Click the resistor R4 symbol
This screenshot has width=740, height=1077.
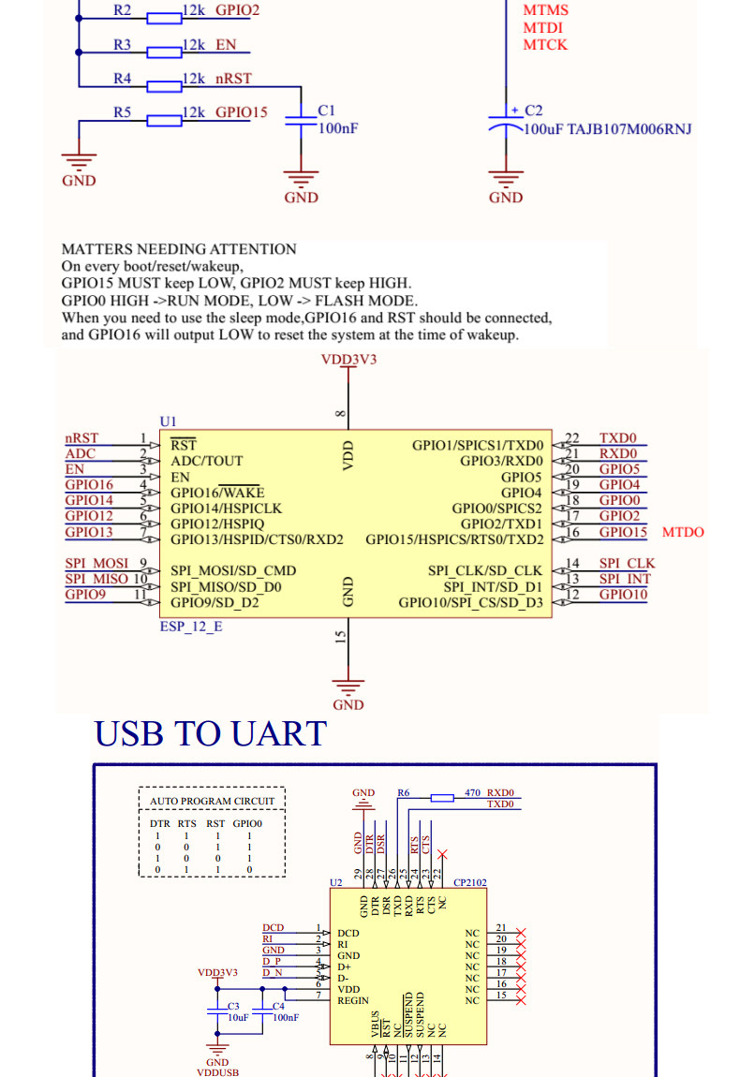coord(165,86)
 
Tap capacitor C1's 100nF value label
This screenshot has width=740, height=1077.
coord(338,128)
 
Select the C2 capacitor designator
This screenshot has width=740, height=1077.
coord(533,111)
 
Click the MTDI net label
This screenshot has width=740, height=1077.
coord(543,28)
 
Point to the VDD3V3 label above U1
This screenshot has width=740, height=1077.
coord(348,359)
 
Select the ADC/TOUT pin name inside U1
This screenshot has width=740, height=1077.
coord(206,461)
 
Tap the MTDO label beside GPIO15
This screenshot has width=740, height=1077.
coord(683,533)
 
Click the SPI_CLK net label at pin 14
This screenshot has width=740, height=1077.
coord(627,564)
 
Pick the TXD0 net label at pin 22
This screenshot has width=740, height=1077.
coord(617,438)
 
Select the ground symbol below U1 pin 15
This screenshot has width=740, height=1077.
coord(348,686)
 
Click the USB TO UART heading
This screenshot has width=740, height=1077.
coord(211,733)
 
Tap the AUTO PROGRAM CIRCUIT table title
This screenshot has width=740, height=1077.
coord(213,802)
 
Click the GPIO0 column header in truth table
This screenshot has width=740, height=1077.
coord(248,823)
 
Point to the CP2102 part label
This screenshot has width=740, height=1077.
coord(469,882)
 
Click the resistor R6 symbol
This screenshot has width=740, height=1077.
coord(442,798)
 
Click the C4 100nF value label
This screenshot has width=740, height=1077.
coord(286,1017)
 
